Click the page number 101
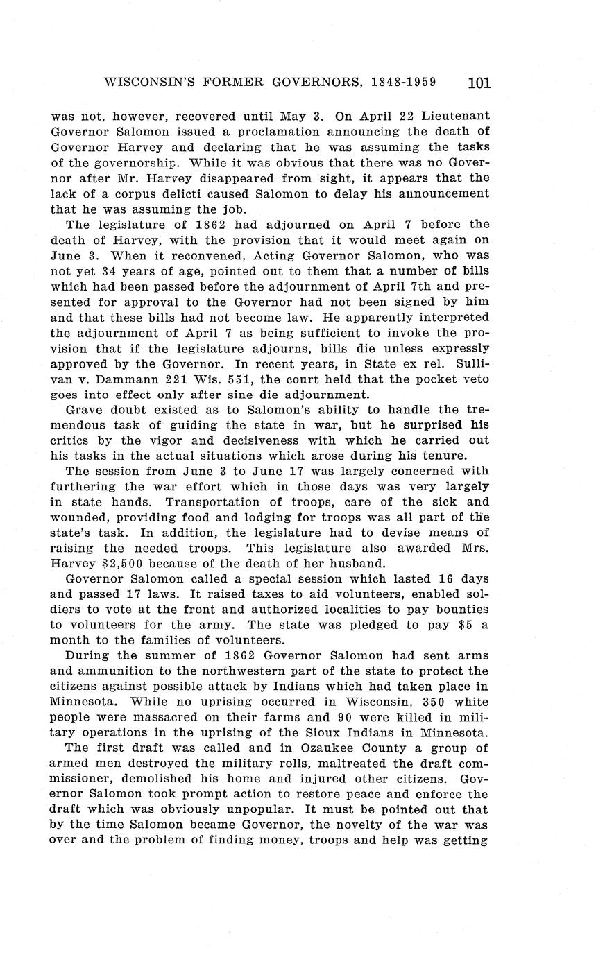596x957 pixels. coord(479,83)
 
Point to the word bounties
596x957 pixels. coord(461,610)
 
